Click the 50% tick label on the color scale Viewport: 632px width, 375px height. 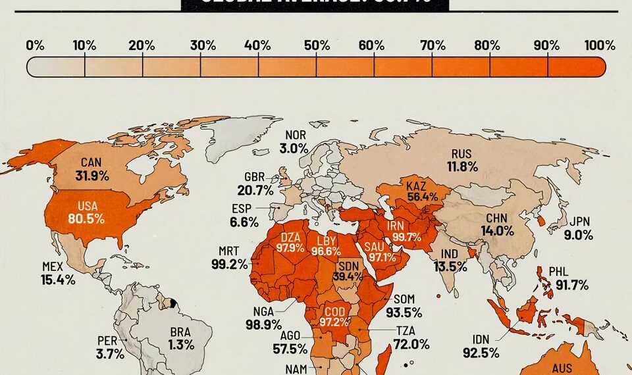click(x=317, y=45)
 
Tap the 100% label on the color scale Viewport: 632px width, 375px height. click(x=599, y=45)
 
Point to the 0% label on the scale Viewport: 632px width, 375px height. click(x=35, y=45)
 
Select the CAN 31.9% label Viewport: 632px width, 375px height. click(x=91, y=169)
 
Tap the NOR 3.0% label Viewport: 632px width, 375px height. click(x=294, y=142)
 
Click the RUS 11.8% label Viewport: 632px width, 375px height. click(x=463, y=160)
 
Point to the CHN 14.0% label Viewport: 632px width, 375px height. click(x=498, y=224)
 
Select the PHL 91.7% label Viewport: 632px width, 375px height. click(x=571, y=278)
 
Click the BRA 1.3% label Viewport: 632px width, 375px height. click(x=180, y=337)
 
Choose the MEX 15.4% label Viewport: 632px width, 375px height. click(x=57, y=273)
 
